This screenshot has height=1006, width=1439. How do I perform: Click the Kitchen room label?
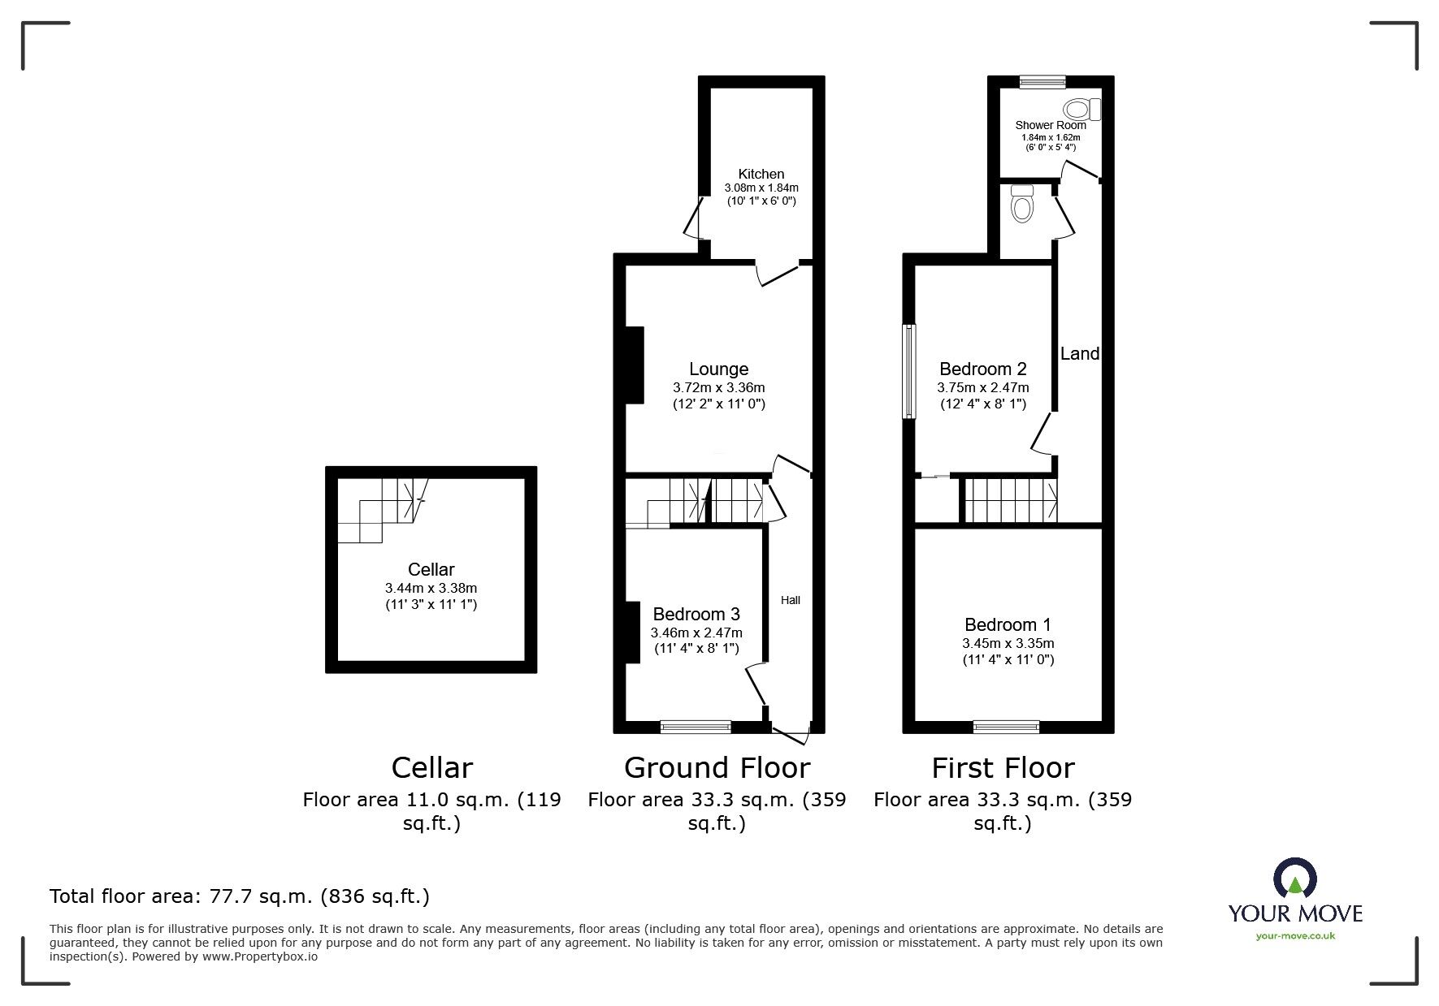point(761,174)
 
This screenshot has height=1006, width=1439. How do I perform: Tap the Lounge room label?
point(718,369)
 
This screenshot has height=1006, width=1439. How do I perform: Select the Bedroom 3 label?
point(696,615)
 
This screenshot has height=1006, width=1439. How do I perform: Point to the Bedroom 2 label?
point(983,369)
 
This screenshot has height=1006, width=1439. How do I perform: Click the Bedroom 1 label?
point(1008,624)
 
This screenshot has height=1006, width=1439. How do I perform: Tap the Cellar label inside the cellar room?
point(431,570)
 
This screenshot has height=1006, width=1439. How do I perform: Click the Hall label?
point(791,600)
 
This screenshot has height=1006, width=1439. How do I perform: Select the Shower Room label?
point(1051,125)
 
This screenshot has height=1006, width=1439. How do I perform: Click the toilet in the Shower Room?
point(1082,109)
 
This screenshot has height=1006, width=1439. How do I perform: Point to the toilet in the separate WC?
point(1021,203)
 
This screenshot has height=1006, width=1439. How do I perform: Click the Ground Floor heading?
point(717,767)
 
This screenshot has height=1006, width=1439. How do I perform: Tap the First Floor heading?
point(1003,767)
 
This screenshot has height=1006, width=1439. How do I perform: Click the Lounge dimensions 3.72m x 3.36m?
point(718,388)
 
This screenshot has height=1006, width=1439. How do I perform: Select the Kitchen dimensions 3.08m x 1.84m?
point(761,188)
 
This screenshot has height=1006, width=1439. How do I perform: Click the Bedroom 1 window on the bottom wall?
point(1006,727)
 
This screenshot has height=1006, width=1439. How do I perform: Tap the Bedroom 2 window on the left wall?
point(909,372)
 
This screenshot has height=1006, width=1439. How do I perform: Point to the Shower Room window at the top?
point(1042,81)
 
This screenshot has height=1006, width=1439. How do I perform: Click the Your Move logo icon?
point(1294,881)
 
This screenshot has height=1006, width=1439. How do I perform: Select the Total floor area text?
point(240,896)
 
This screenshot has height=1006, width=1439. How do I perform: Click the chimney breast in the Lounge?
point(635,365)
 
